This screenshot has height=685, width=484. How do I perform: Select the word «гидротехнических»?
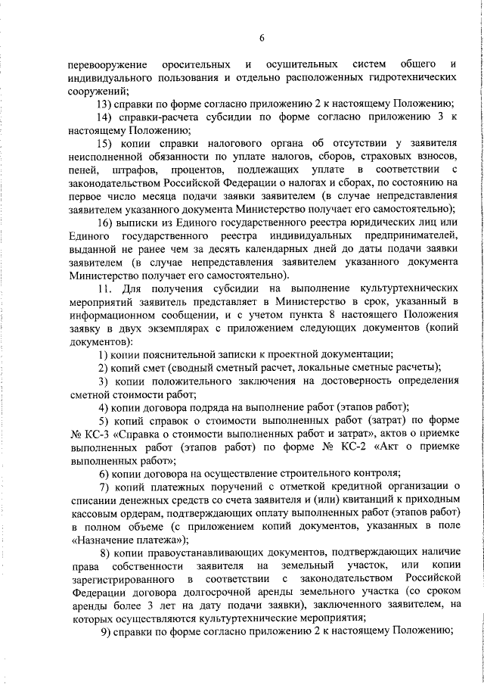(409, 77)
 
